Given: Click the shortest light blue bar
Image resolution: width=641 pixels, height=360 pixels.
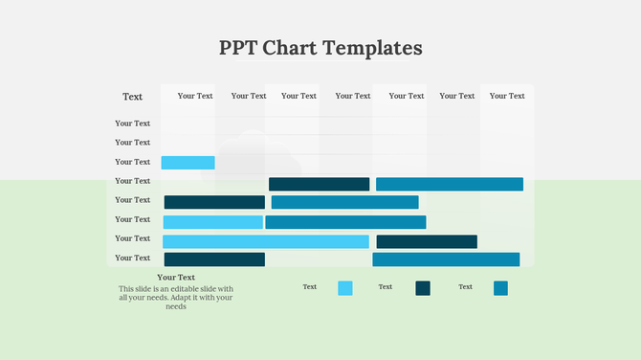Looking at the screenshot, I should point(188,163).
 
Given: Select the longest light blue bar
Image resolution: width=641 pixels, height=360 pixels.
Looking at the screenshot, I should point(265,241).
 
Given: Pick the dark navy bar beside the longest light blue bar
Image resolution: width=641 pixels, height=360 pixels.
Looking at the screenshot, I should point(427,241).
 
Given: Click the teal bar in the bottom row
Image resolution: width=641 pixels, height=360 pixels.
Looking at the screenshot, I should point(446,259).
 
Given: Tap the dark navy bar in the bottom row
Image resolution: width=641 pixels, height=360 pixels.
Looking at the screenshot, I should point(214,259).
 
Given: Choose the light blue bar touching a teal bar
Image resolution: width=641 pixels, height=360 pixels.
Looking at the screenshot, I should point(212,222).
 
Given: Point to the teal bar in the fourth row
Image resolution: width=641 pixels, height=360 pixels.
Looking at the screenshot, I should point(450,184).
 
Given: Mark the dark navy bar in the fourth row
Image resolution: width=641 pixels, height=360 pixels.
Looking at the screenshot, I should point(319,184).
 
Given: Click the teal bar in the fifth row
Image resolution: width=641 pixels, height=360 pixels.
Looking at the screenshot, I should point(344,202).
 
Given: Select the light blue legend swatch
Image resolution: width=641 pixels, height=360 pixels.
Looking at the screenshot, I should point(345,288).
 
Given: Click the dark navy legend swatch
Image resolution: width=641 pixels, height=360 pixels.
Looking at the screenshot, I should point(423,288).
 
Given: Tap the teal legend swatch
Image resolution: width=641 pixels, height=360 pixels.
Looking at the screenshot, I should point(500,288).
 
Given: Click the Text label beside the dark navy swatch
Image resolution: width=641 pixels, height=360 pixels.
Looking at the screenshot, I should point(386,287).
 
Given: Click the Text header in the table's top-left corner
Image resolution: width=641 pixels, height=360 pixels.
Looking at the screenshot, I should point(132,97).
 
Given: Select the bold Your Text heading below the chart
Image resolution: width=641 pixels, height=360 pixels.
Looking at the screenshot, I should point(176,278).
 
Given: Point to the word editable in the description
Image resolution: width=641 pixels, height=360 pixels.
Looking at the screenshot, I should point(199,288).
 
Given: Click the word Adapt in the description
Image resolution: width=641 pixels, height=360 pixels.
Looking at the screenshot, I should point(189,298).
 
